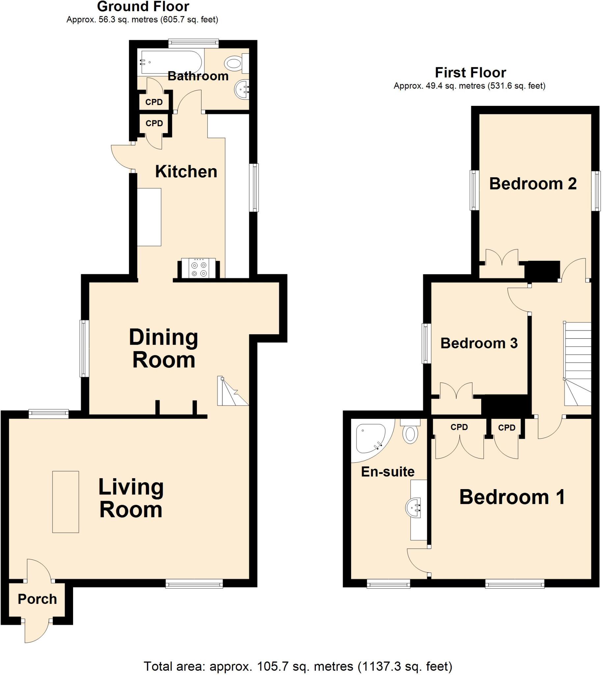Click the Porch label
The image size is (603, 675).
coord(38,599)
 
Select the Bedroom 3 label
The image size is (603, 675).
coord(479,343)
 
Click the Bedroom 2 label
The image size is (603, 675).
coord(533,184)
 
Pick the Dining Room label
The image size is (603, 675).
coord(164,348)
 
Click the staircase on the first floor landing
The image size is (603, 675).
coord(578,363)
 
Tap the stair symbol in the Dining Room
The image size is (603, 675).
coord(231,392)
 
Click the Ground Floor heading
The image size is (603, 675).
coord(143,7)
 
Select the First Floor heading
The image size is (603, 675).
coord(470,73)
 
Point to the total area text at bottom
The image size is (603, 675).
coord(298,666)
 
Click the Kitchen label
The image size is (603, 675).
coord(186,172)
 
